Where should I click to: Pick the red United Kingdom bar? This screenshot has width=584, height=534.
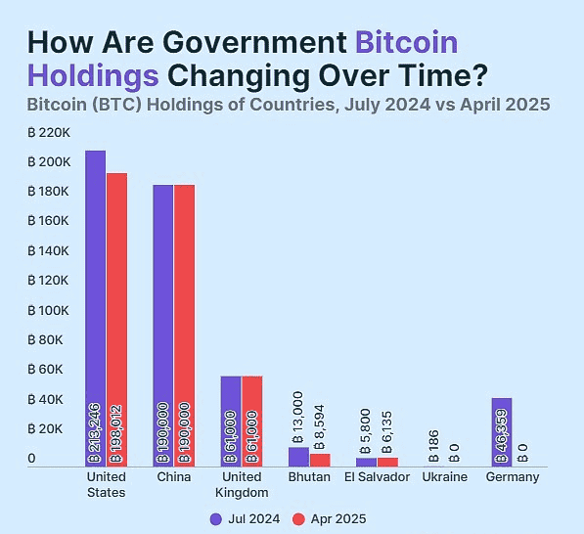click(252, 421)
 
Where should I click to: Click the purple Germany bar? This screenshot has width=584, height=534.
click(501, 431)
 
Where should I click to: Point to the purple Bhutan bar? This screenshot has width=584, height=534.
click(297, 457)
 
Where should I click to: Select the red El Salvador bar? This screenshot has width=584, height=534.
click(387, 462)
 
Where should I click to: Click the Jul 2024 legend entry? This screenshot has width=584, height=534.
click(246, 518)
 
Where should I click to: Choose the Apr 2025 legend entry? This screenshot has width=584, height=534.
click(332, 518)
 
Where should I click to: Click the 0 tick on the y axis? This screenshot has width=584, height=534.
click(31, 459)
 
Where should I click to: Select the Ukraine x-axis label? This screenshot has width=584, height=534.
click(444, 477)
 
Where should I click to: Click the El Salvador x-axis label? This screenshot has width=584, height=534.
click(377, 477)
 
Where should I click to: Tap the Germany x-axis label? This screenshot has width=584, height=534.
click(512, 477)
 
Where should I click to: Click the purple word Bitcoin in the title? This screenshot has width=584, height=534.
click(406, 43)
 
